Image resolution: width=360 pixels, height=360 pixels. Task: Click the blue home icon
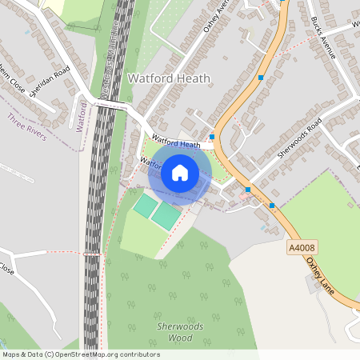pyautogui.click(x=180, y=173)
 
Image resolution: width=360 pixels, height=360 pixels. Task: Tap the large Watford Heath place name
pyautogui.click(x=169, y=78)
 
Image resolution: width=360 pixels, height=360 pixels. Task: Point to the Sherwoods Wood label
pyautogui.click(x=179, y=333)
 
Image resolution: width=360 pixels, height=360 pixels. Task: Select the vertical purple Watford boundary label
pyautogui.click(x=81, y=117)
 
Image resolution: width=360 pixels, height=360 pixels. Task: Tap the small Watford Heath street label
pyautogui.click(x=175, y=143)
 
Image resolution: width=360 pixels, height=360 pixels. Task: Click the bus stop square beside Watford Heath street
pyautogui.click(x=212, y=137)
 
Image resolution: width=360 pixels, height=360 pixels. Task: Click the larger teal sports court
pyautogui.click(x=167, y=215)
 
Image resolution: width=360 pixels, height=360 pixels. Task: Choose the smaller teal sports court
pyautogui.click(x=146, y=206)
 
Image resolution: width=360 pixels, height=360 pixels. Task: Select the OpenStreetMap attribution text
pyautogui.click(x=80, y=354)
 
